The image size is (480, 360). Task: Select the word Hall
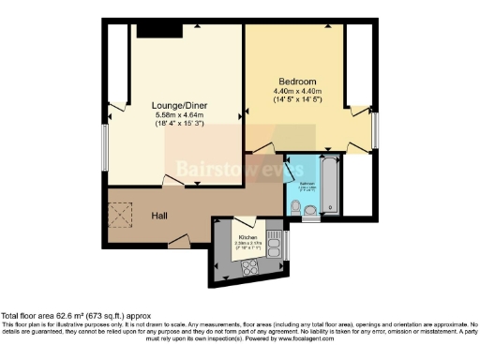coord(160,216)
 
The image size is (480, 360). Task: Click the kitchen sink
coord(273,246)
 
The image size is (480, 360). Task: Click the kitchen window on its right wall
coord(287,246)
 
